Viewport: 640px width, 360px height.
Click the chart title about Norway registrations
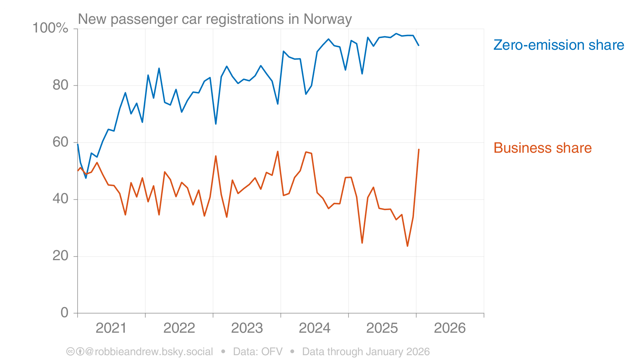tap(215, 19)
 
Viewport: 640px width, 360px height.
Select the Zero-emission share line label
tap(558, 45)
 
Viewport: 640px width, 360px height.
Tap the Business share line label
tap(542, 148)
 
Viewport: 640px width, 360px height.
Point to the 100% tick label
tap(50, 28)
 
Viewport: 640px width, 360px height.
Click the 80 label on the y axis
tap(60, 85)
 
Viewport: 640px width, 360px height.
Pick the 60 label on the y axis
tap(60, 142)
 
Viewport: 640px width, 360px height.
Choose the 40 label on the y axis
tap(60, 199)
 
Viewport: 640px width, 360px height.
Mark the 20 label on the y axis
tap(60, 256)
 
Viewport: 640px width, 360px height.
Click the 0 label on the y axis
tap(65, 313)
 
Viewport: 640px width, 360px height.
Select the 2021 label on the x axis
tap(111, 328)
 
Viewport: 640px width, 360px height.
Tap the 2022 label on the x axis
tap(179, 328)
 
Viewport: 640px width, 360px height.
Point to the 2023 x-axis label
tap(247, 328)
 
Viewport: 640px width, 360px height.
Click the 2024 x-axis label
tap(314, 328)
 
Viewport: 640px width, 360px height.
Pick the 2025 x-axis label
tap(382, 328)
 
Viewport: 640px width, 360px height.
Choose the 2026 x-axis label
tap(450, 328)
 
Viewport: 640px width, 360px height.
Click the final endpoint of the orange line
tap(419, 149)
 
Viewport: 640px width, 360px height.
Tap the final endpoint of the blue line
tap(419, 45)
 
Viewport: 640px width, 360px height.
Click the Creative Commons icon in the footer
tap(70, 352)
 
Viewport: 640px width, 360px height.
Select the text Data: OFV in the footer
tap(257, 352)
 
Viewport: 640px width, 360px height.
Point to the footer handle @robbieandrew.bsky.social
tap(149, 352)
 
